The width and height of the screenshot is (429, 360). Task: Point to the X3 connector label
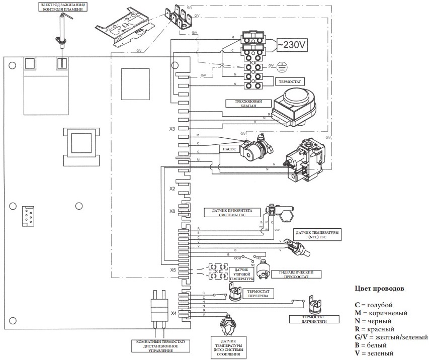point(172,129)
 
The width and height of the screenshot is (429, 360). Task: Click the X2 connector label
point(172,189)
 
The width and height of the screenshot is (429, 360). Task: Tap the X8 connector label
point(172,211)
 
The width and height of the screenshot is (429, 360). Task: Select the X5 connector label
point(173,270)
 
